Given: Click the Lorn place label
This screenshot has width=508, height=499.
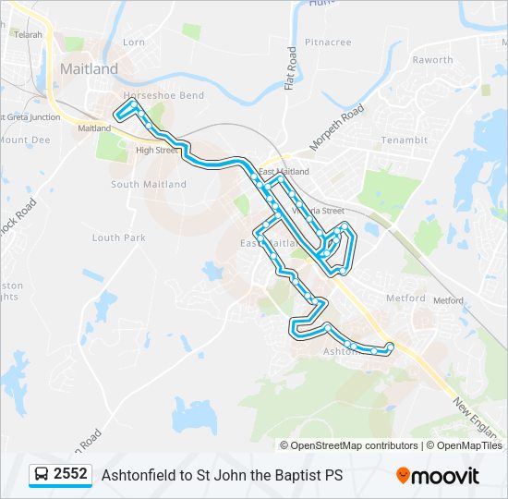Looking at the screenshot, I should click(x=134, y=42).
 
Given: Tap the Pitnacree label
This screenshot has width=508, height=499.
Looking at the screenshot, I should click(x=327, y=43).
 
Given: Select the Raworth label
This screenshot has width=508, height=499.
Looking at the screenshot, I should click(x=432, y=60).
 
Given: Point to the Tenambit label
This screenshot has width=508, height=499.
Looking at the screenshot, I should click(x=405, y=140).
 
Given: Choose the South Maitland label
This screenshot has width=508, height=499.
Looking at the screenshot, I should click(x=149, y=184).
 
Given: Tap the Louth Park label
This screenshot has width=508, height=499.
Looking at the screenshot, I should click(x=119, y=237).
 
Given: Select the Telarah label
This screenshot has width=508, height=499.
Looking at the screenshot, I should click(x=28, y=34).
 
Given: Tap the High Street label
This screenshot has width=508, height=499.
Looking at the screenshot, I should click(x=155, y=150).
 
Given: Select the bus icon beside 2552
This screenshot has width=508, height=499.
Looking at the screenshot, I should click(x=42, y=475).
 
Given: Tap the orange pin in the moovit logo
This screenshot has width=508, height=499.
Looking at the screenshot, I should click(x=403, y=476).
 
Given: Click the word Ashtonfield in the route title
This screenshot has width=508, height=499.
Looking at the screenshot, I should click(x=136, y=475).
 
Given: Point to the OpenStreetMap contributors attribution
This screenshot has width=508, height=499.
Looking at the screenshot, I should click(x=354, y=445).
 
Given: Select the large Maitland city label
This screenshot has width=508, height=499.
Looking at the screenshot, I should click(x=89, y=69).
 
